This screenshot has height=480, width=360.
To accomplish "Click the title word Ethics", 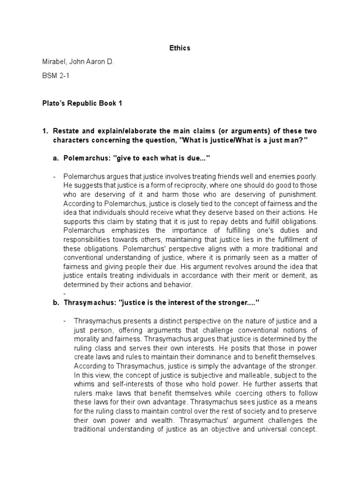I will (x=180, y=48).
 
